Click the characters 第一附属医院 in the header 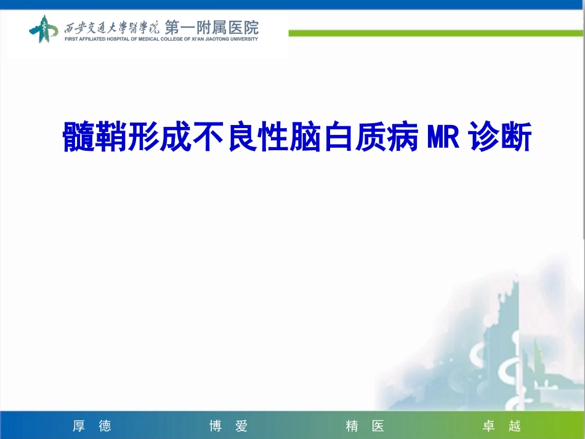[x=212, y=28]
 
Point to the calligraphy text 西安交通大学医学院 [x=112, y=28]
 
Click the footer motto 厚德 [x=92, y=426]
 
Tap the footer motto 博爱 [x=228, y=426]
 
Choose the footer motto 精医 [x=365, y=426]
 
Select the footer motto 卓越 [x=502, y=426]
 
